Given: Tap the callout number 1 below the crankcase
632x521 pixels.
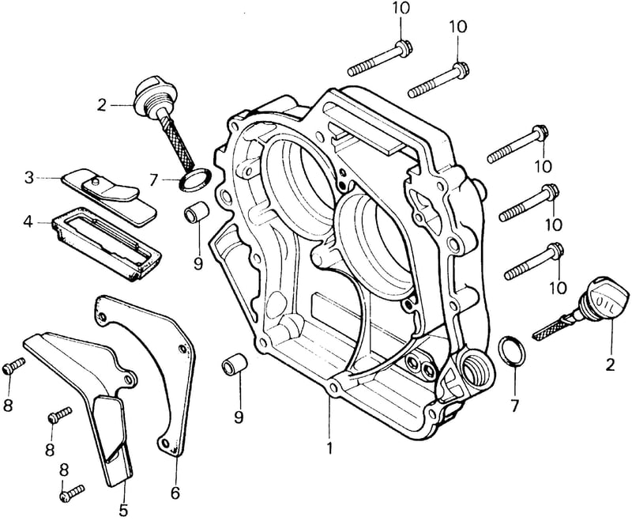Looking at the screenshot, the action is click(x=329, y=447).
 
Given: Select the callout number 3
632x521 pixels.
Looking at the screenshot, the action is click(x=29, y=177).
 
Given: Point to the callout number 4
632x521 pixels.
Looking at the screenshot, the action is click(x=28, y=221).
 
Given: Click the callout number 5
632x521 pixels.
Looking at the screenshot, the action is click(x=123, y=510).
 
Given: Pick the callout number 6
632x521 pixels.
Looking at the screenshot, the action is click(x=175, y=493).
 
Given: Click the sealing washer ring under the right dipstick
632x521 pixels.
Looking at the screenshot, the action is click(x=512, y=350).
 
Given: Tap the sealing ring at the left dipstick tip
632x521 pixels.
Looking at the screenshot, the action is click(x=195, y=178).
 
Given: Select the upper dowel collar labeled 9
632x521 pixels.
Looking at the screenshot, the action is click(x=196, y=213).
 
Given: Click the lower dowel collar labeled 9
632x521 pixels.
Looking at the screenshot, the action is click(x=235, y=363).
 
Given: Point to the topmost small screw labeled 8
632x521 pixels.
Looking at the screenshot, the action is click(x=14, y=365).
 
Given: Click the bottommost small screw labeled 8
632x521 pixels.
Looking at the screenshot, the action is click(x=72, y=493).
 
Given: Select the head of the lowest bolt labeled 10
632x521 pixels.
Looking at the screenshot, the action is click(x=555, y=251).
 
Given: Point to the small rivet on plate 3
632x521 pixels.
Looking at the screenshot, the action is click(x=94, y=182).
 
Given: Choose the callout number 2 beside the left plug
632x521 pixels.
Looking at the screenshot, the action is click(x=102, y=105).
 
